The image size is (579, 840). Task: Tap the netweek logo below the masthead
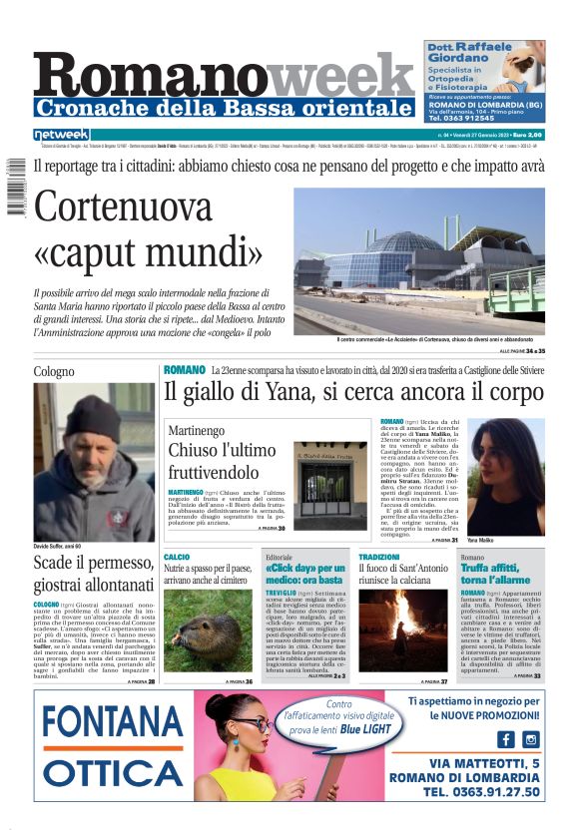61,135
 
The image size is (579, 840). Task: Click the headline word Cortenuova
123,207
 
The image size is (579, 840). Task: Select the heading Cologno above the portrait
54,371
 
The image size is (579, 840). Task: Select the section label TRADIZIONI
379,557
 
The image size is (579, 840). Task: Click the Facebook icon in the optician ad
505,739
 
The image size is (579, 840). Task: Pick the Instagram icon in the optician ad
530,739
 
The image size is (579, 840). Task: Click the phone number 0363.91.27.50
480,793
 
